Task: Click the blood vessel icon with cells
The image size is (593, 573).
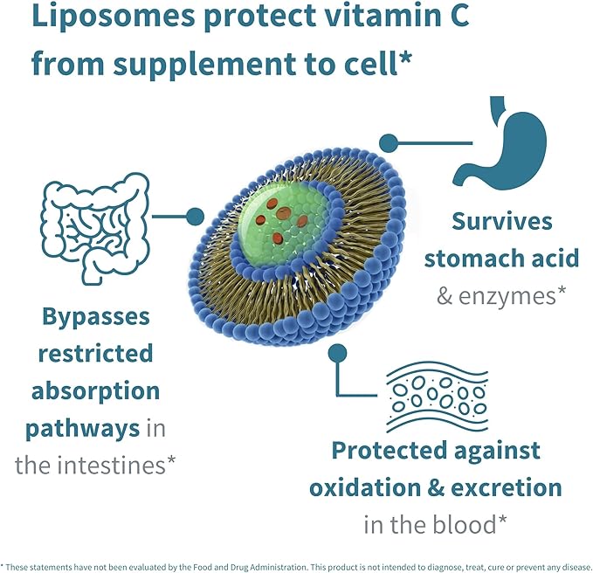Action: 436,396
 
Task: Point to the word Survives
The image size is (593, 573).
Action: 502,220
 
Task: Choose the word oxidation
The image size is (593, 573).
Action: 381,487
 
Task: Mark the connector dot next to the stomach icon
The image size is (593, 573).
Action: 390,143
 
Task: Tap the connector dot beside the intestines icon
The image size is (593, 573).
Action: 195,216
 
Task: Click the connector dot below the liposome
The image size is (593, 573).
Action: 336,353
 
